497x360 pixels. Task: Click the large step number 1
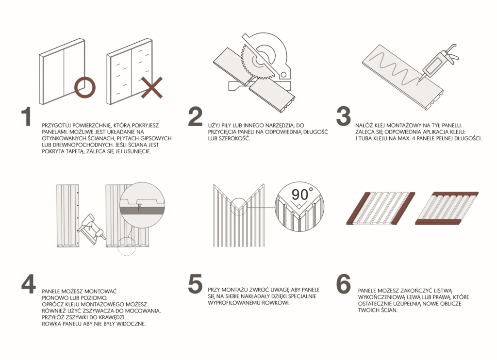(x=26, y=117)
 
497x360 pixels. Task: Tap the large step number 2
(x=195, y=116)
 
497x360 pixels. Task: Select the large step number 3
(x=343, y=116)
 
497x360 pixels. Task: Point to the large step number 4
(x=29, y=284)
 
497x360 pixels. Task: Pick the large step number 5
(x=195, y=284)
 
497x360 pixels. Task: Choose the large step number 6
(x=344, y=284)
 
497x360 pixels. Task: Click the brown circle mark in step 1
(x=84, y=87)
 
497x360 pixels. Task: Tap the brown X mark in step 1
(x=152, y=87)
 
